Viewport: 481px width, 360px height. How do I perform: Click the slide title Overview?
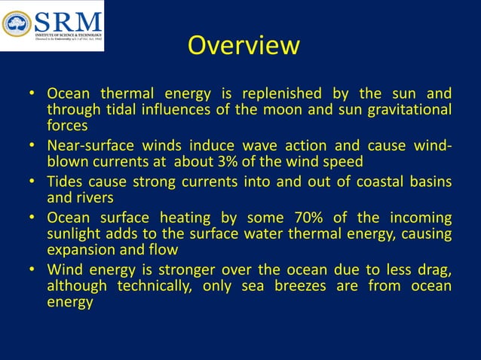[243, 45]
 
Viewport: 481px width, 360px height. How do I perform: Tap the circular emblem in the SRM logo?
[17, 24]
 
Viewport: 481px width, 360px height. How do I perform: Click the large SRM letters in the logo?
[66, 19]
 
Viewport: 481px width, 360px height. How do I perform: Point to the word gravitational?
[409, 110]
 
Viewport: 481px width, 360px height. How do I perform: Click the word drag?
[434, 270]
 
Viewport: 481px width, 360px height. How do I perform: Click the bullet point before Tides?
[32, 182]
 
